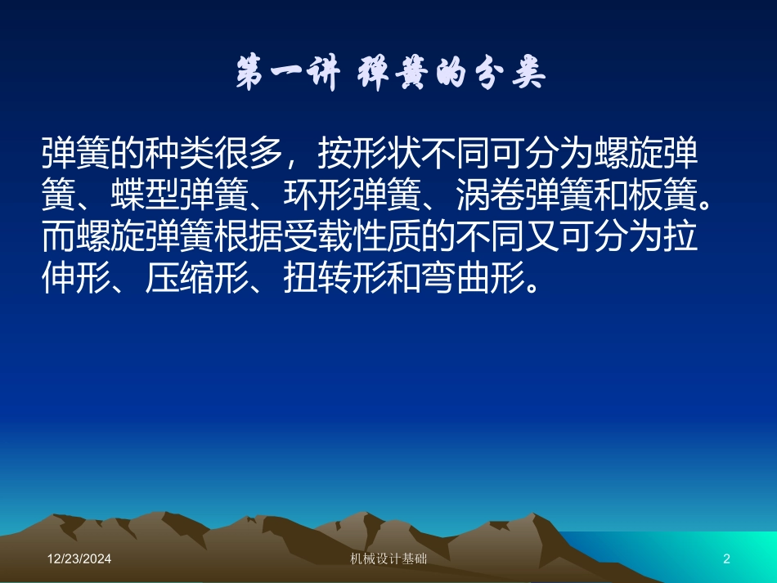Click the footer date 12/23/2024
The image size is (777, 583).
tap(79, 558)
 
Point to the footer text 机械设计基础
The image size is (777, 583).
tap(388, 558)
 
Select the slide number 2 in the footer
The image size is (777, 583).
tap(726, 558)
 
